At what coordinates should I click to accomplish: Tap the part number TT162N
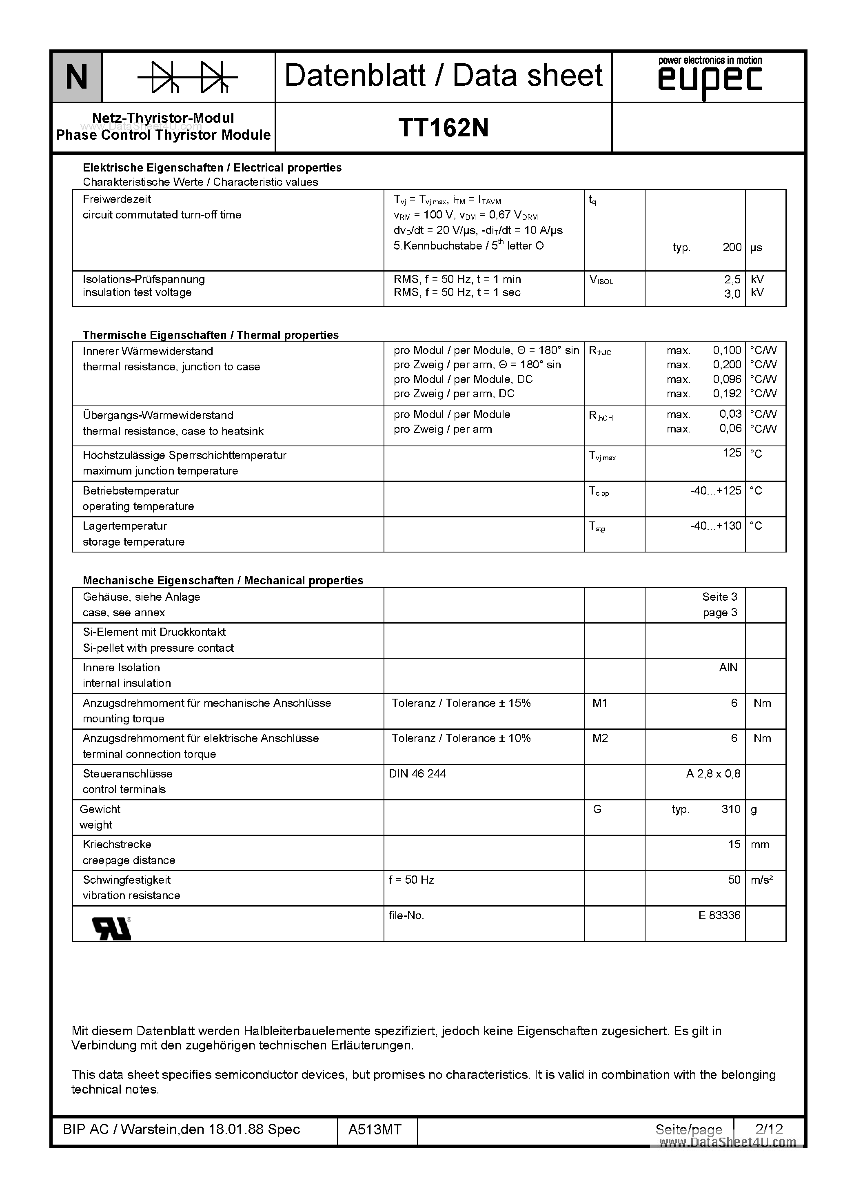point(443,128)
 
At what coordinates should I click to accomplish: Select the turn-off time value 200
point(732,247)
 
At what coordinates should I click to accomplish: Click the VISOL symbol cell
point(601,280)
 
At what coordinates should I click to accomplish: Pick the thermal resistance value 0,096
point(727,379)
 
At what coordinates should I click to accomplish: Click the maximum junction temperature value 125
point(732,453)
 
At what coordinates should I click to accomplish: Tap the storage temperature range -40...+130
point(716,526)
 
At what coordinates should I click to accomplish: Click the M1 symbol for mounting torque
point(600,703)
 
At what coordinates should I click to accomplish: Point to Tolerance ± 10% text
point(461,738)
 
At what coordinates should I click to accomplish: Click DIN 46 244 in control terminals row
point(417,774)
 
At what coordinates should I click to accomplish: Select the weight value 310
point(731,809)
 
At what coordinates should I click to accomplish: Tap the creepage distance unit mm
point(760,844)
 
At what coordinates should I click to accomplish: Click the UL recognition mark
point(112,928)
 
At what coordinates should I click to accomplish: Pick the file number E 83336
point(719,915)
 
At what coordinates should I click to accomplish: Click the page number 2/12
point(769,1129)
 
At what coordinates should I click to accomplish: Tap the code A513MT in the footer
point(375,1129)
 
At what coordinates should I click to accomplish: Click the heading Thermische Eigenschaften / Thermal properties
point(211,335)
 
